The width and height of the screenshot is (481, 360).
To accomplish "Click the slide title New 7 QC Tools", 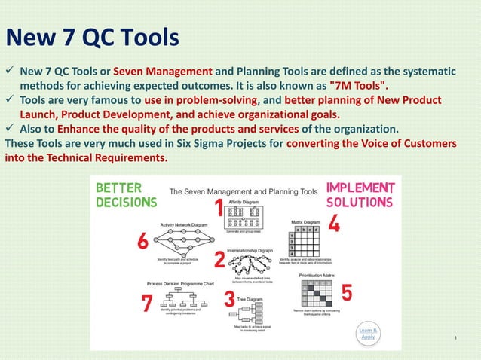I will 92,37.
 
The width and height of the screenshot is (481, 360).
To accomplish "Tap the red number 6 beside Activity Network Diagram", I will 148,303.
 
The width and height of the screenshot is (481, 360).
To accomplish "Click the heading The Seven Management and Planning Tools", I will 241,192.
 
